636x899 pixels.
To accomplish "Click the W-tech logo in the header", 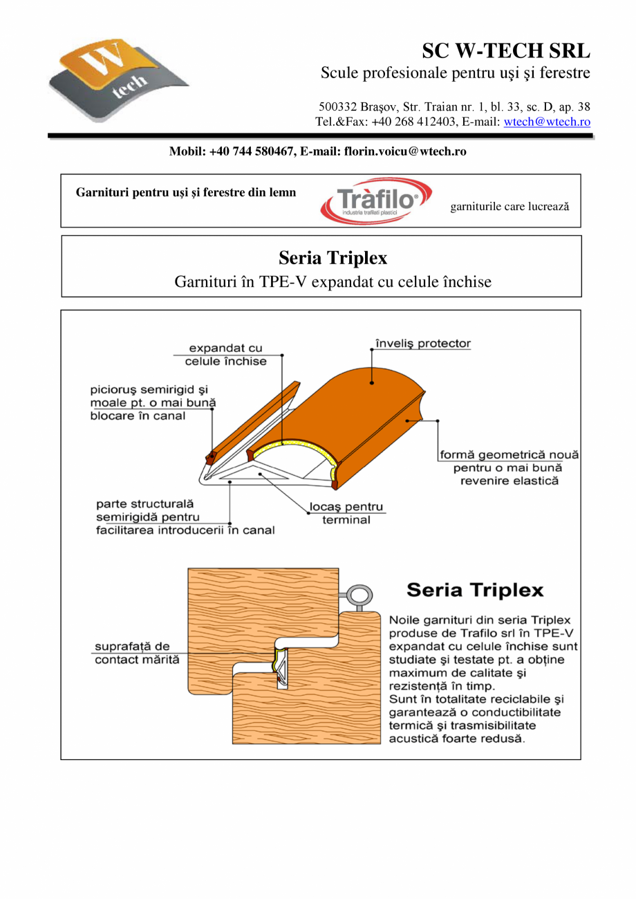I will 118,82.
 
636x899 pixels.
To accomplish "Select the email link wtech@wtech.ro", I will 547,122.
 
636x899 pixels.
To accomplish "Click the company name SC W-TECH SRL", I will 506,51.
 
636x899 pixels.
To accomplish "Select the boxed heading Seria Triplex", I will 333,258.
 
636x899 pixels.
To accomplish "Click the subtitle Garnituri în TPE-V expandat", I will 333,282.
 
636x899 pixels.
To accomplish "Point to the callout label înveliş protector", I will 422,344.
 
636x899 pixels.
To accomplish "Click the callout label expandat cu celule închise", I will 225,355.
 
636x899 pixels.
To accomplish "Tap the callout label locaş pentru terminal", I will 346,513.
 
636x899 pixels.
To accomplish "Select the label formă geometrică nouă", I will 509,467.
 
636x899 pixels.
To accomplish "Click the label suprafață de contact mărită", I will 136,653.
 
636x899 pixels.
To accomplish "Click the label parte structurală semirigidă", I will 185,517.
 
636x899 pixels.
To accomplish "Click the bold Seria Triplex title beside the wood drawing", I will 475,591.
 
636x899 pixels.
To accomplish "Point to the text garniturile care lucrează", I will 509,206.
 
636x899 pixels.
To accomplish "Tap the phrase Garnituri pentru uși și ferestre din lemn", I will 185,192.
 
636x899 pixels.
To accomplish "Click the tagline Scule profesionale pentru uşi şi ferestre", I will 455,73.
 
